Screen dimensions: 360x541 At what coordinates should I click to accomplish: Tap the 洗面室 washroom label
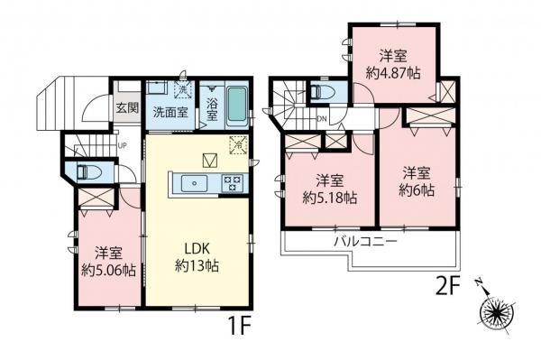tap(169, 113)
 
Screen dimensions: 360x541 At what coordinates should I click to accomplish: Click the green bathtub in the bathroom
tap(236, 106)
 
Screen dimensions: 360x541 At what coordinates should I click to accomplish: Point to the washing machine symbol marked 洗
tap(180, 92)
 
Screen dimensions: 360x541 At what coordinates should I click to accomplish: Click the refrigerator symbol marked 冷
tap(238, 143)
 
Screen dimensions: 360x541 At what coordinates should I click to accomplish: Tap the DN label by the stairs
tap(322, 118)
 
